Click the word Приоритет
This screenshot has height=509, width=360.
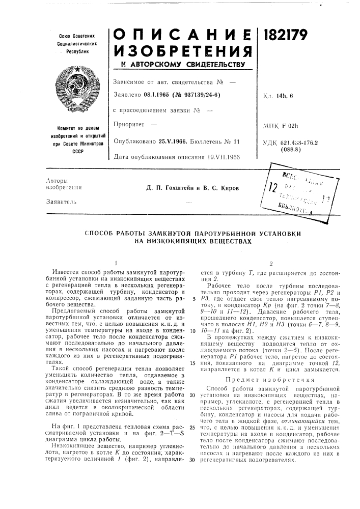[129, 124]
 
